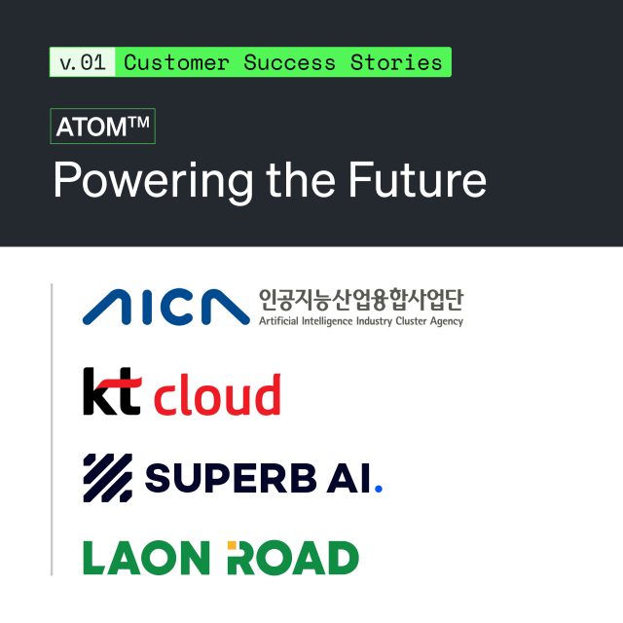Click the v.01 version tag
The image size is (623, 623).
coord(82,62)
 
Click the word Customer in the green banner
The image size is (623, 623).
coord(176,62)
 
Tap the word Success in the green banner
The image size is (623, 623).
coord(289,62)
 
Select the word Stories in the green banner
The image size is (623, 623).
coord(396,62)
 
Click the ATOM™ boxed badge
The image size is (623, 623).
coord(102,126)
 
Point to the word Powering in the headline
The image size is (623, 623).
coord(154,181)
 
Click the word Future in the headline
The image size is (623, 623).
coord(418,179)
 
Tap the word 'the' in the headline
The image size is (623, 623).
coord(301,179)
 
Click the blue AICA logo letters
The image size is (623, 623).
coord(166,307)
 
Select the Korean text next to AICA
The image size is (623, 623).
coord(361,300)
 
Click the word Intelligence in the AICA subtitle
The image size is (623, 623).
coord(327,321)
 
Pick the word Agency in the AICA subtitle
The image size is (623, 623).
coord(447,321)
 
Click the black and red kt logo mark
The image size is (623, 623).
coord(112,391)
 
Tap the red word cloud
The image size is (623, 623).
coord(217,394)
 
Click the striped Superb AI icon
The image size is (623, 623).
coord(108,478)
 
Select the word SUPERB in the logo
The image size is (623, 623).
coord(231,478)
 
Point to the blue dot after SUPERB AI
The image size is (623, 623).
coord(379,489)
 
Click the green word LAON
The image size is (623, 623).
coord(146,558)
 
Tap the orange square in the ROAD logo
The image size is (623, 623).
coord(232,545)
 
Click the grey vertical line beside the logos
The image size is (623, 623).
coord(52,429)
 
